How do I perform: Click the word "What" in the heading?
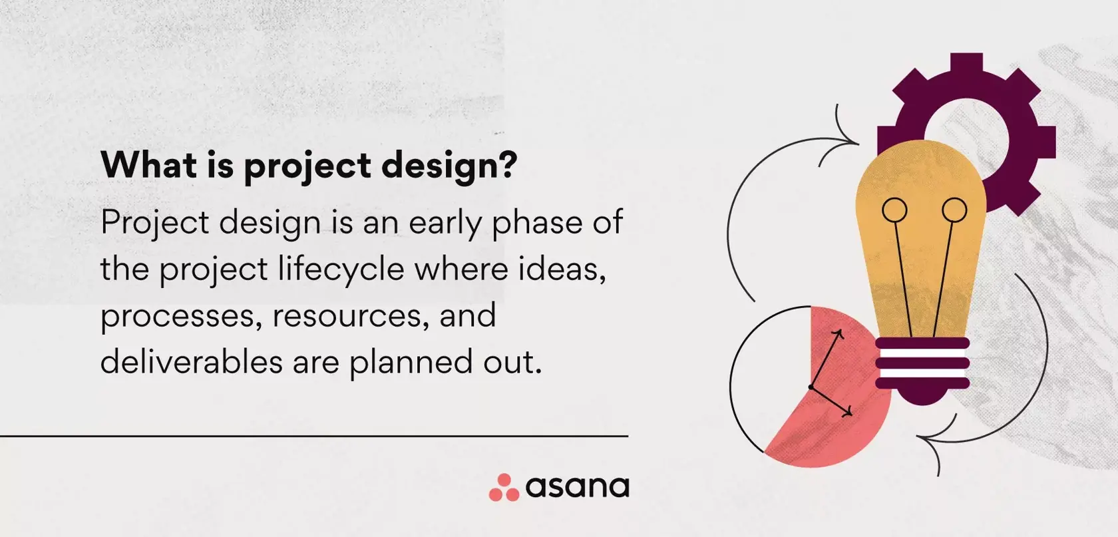(149, 164)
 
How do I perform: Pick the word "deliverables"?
(192, 361)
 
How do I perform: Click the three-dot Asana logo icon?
(504, 488)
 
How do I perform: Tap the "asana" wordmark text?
(578, 487)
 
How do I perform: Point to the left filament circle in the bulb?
(894, 210)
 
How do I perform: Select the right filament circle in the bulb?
(954, 210)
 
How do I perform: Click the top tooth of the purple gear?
(967, 63)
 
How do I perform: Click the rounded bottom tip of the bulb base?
(923, 399)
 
